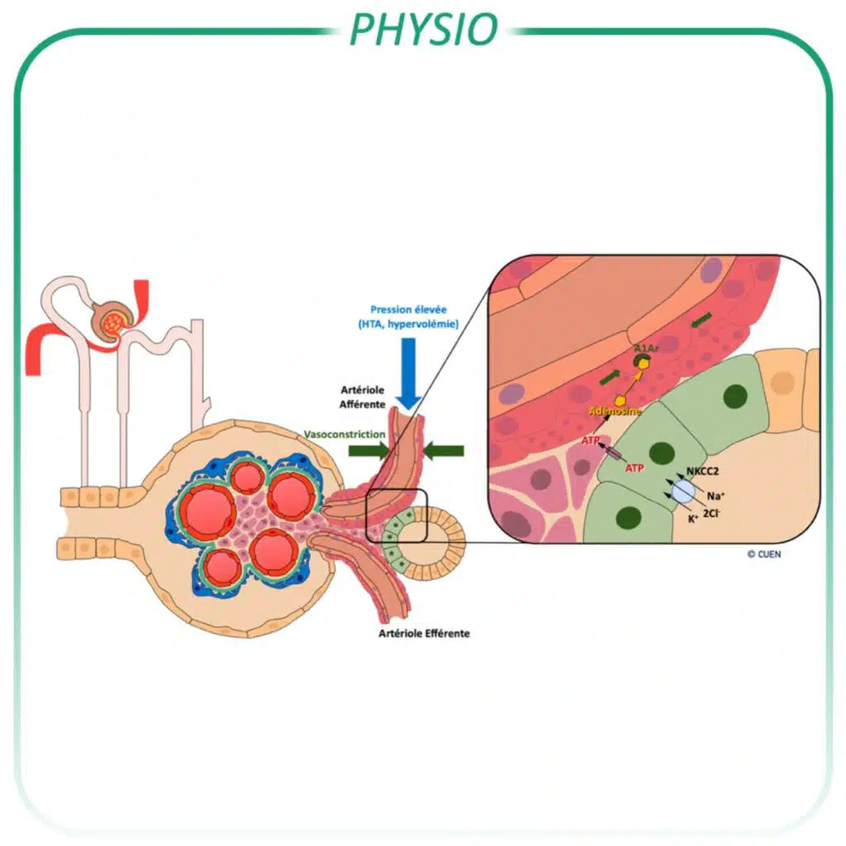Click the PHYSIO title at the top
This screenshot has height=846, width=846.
tap(423, 28)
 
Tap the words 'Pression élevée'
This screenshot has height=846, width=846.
tap(409, 310)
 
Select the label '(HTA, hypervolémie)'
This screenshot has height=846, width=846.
tap(409, 324)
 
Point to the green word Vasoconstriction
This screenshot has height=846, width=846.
tap(344, 434)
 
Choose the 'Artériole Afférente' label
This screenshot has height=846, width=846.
tap(360, 397)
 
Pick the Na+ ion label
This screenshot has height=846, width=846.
tap(715, 496)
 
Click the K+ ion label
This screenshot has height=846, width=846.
tap(692, 519)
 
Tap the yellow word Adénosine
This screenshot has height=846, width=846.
tap(615, 411)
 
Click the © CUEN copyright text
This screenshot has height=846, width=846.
tap(763, 554)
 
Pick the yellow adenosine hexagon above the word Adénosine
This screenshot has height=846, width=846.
tap(620, 400)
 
